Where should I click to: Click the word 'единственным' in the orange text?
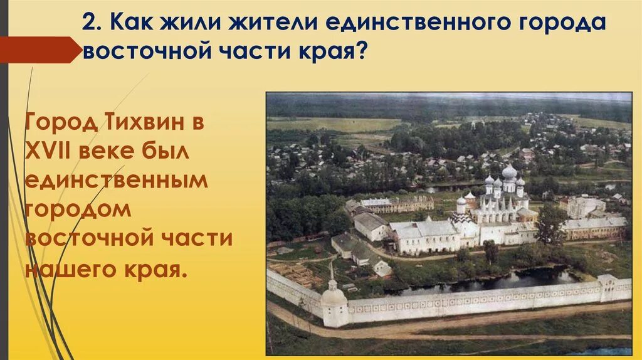[116, 181]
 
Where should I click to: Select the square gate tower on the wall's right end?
[607, 287]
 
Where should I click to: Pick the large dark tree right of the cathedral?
[551, 223]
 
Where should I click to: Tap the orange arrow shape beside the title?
[38, 50]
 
